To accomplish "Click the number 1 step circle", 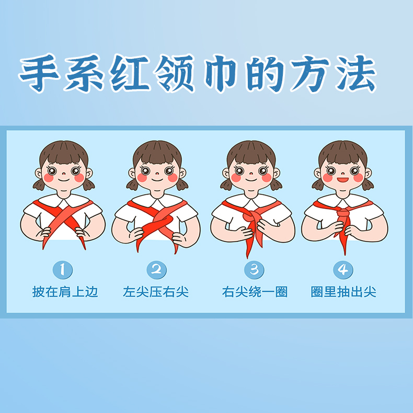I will point(63,270).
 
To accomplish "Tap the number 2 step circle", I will point(156,270).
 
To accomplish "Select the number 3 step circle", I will point(255,270).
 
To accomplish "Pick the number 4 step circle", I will point(343,270).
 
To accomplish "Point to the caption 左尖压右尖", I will point(156,292).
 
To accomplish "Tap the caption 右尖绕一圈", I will point(255,292).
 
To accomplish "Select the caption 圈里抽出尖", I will point(343,292).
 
